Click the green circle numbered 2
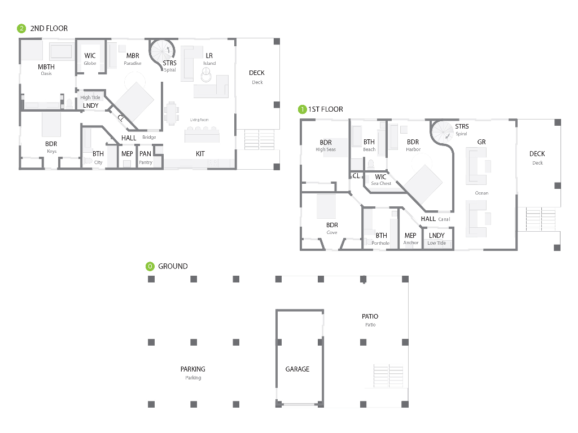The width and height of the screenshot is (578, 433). [x=21, y=28]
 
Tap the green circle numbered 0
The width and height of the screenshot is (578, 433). [x=150, y=266]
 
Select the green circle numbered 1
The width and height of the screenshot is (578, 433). [x=303, y=109]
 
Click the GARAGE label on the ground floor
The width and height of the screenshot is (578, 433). [x=297, y=369]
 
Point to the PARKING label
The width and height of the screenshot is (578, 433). [x=193, y=369]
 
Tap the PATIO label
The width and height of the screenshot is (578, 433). [x=370, y=316]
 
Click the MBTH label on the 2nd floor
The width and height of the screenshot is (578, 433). [x=46, y=67]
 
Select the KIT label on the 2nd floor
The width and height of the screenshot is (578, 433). [x=200, y=153]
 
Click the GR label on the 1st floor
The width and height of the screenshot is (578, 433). [x=481, y=142]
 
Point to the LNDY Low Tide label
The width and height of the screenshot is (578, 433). [x=436, y=238]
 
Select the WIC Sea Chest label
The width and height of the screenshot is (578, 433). [x=381, y=179]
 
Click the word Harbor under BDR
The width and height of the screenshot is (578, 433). [x=413, y=149]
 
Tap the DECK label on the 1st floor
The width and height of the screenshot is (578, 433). [x=537, y=153]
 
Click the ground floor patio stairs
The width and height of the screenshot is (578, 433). [x=388, y=375]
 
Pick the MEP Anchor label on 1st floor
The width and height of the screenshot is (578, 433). [x=411, y=238]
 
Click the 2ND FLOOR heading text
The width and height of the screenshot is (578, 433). [x=49, y=28]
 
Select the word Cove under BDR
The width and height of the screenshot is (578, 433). [x=332, y=232]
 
